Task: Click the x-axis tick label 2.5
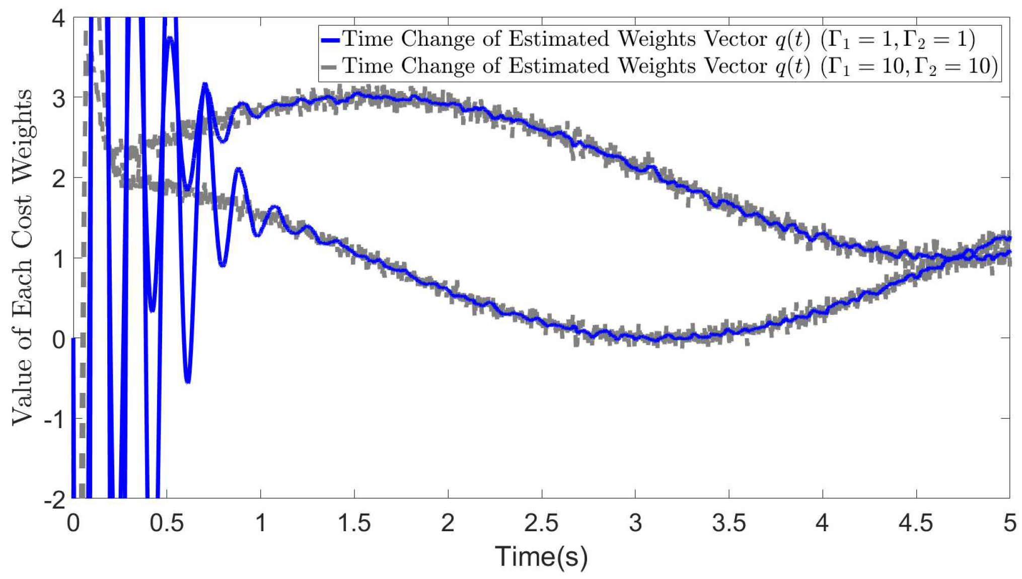(x=541, y=523)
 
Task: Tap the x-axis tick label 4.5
(x=916, y=523)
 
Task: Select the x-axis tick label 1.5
(x=354, y=523)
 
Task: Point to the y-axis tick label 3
(x=59, y=99)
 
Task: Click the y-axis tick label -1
(x=54, y=419)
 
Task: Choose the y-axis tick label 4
(x=59, y=19)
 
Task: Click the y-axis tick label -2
(x=54, y=500)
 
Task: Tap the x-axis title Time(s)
(x=541, y=556)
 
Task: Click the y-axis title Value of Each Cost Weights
(x=22, y=258)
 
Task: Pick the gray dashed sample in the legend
(x=330, y=67)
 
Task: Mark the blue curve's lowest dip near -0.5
(x=188, y=381)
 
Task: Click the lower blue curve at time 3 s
(x=635, y=338)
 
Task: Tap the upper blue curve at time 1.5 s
(x=354, y=94)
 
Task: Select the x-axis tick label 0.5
(x=166, y=523)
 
